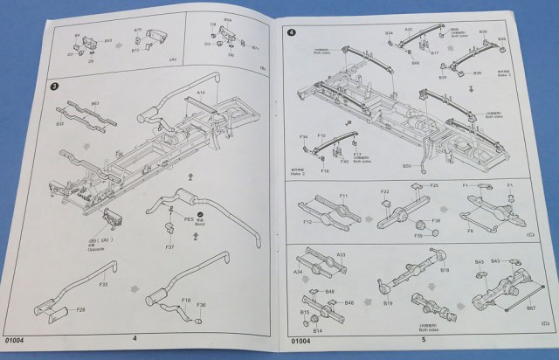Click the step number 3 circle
coord(54,86)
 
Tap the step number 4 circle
coord(292,33)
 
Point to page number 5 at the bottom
coord(423,339)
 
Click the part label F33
coord(103,284)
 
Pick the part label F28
coord(80,309)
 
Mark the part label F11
coord(343,196)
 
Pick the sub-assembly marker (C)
coord(530,235)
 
